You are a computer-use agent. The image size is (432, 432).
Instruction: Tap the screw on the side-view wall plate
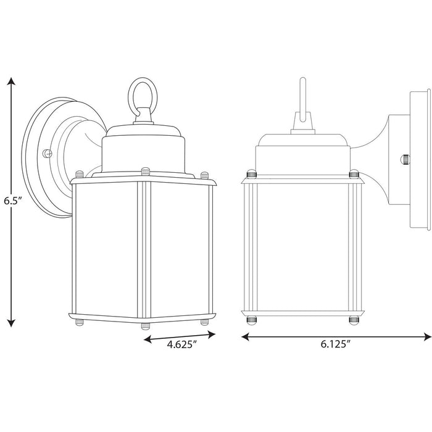pos(405,159)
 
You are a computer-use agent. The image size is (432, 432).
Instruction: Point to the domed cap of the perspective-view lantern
pos(144,148)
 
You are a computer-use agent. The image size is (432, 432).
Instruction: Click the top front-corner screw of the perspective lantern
pos(144,170)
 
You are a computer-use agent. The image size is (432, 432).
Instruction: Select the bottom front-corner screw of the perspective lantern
pos(144,324)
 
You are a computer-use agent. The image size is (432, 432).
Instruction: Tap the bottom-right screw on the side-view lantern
pos(354,320)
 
